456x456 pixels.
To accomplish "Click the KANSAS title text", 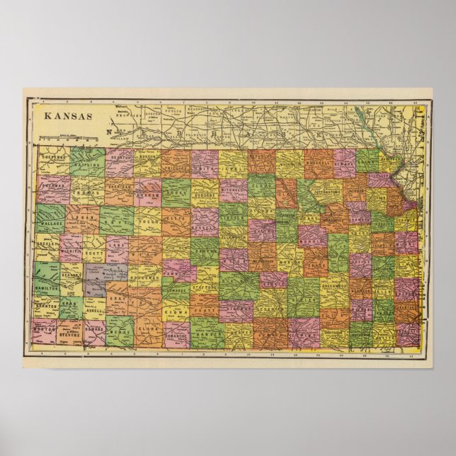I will coord(67,115).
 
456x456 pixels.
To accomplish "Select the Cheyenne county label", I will coord(53,158).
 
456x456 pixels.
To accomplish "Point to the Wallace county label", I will coord(52,222).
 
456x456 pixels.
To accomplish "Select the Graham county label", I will coord(148,191).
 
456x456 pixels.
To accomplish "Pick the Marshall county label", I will coord(318,169).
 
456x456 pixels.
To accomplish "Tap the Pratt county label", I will coord(205,310).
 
